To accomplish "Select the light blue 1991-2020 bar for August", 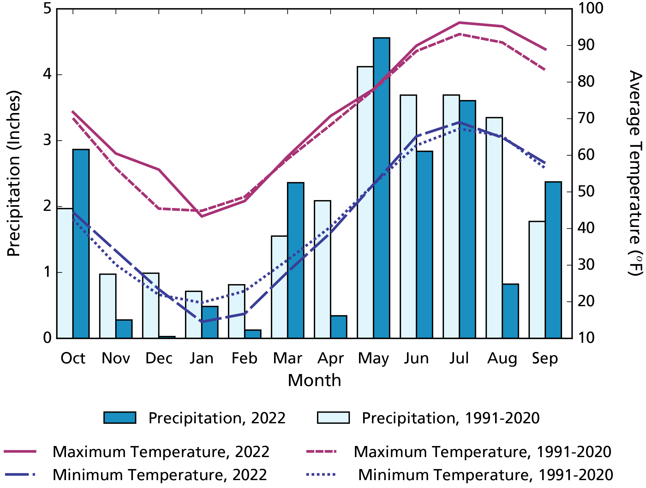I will click(x=494, y=228).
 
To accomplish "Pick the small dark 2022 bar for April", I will click(x=338, y=327).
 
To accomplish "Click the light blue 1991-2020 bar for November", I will click(x=108, y=306).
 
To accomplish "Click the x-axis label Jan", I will click(x=201, y=358).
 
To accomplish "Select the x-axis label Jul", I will click(x=459, y=358).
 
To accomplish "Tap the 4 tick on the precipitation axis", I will click(x=47, y=75).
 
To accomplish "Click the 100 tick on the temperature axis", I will click(x=590, y=9).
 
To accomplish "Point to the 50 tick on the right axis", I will click(x=586, y=192).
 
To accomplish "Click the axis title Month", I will click(x=314, y=380).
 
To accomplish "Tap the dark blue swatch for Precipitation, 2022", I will click(x=120, y=417).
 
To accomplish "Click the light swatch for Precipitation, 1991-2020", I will click(x=333, y=417).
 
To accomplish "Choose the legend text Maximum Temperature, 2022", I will click(x=161, y=452).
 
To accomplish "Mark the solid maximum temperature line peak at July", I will click(x=459, y=23).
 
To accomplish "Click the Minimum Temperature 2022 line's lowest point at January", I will click(x=202, y=322).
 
